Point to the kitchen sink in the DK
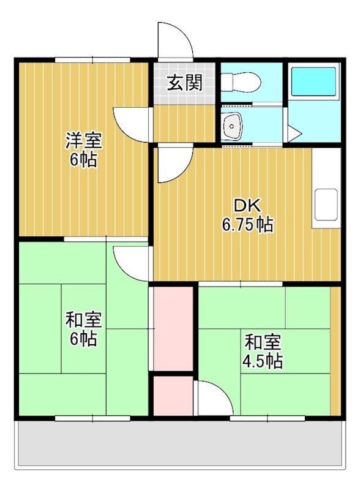(326, 206)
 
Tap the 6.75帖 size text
(247, 225)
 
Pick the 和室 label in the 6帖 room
(84, 320)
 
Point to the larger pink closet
(173, 328)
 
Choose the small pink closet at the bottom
(173, 396)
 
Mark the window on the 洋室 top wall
(92, 60)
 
